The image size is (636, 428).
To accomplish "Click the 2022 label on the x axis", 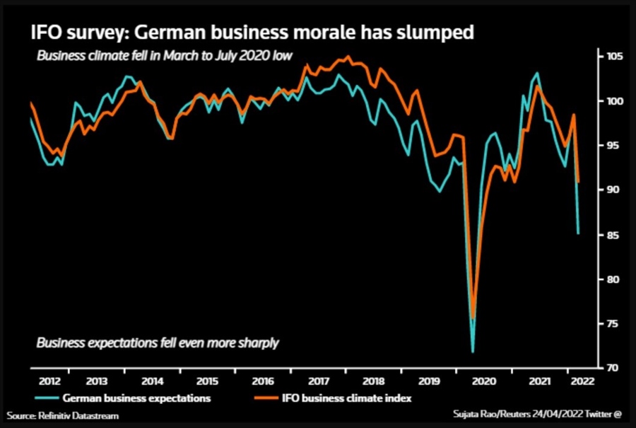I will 581,380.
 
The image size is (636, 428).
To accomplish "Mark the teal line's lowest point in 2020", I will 472,352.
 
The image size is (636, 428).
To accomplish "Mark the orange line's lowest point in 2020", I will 473,318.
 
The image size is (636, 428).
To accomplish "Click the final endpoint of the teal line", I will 579,233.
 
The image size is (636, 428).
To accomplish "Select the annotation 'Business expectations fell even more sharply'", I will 158,343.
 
